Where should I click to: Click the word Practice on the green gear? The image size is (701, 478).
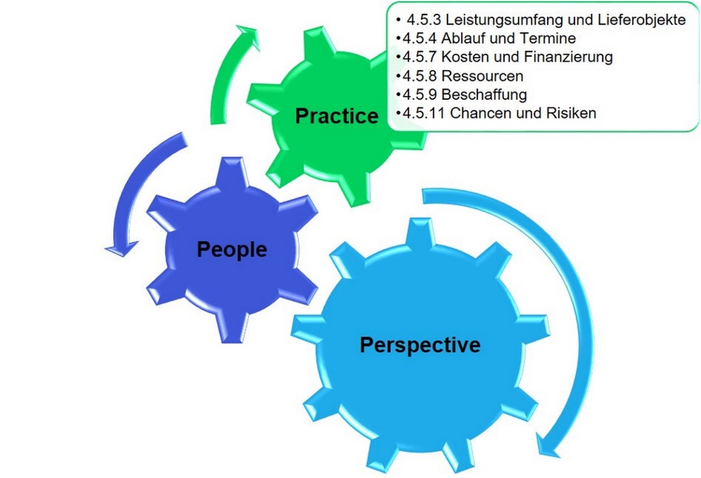[x=337, y=116]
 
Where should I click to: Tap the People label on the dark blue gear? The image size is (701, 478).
[x=232, y=249]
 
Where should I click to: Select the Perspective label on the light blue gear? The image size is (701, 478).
[x=420, y=345]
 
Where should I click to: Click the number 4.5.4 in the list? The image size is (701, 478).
[x=420, y=39]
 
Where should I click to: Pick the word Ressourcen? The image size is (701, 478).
[x=482, y=76]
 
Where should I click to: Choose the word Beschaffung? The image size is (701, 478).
[x=484, y=95]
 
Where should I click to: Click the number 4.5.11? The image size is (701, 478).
[x=424, y=113]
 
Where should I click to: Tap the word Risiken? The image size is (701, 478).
[x=571, y=113]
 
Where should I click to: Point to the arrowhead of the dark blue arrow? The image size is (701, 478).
[x=122, y=249]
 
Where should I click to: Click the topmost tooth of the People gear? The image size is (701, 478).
[x=232, y=171]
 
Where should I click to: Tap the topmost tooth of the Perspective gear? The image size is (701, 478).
[x=420, y=233]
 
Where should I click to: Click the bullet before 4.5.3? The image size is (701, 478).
[x=398, y=20]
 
